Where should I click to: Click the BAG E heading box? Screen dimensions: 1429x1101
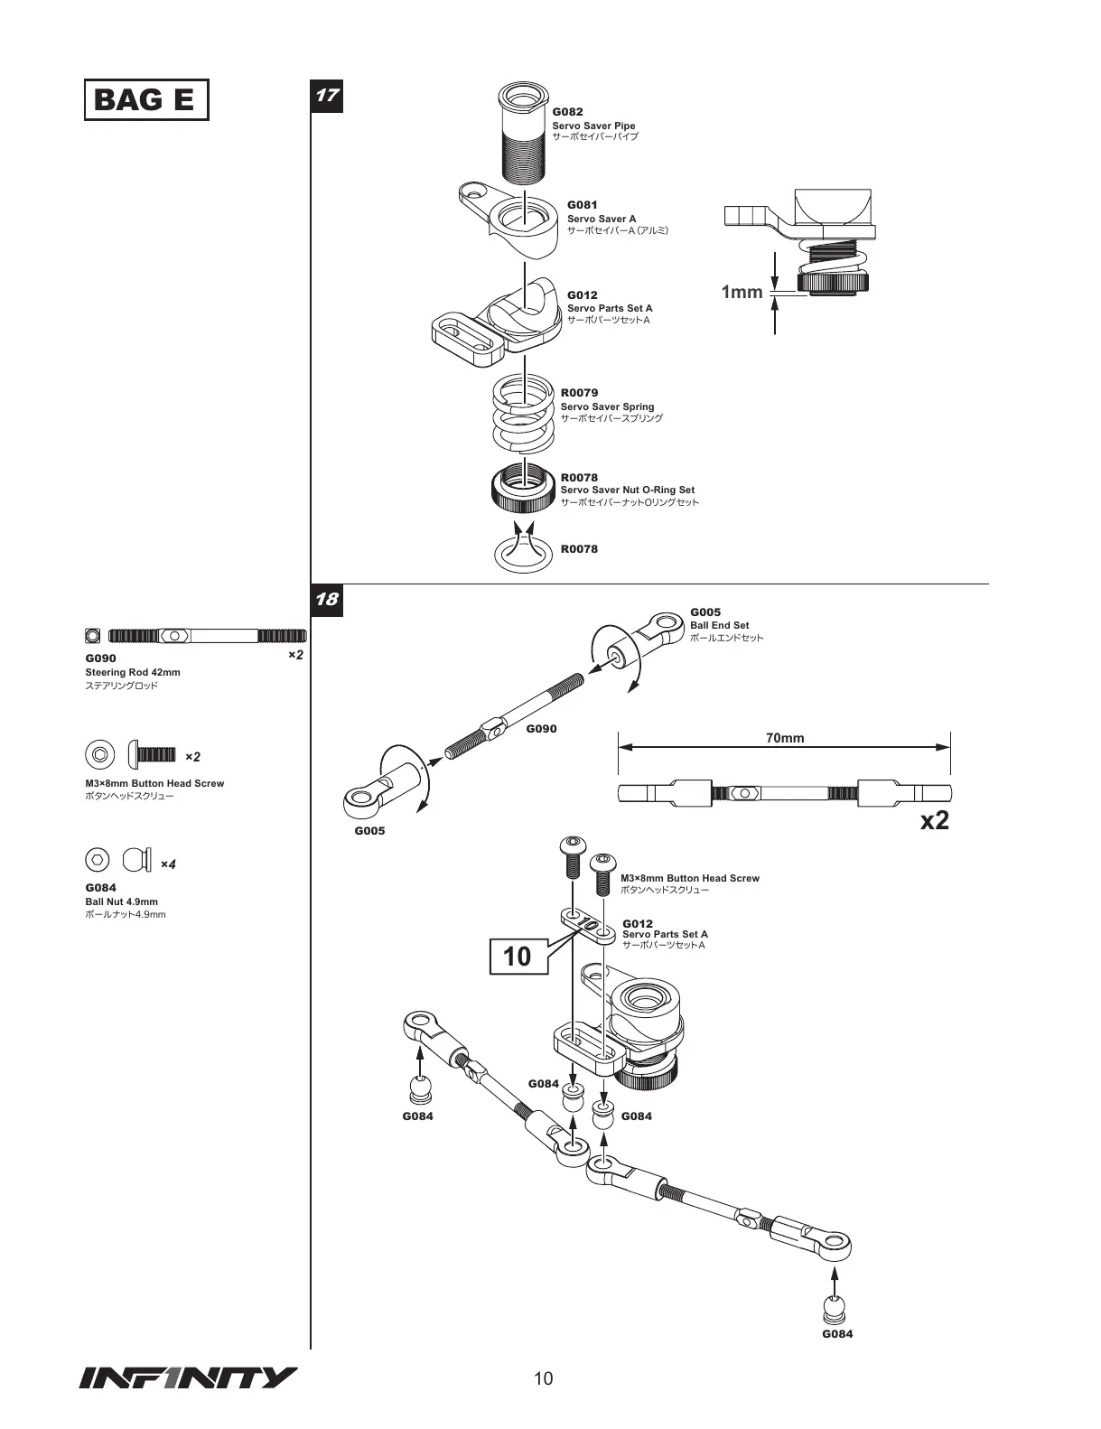click(x=145, y=99)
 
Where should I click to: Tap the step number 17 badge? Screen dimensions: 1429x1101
click(x=327, y=96)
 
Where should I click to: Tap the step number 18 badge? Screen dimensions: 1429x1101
click(x=327, y=599)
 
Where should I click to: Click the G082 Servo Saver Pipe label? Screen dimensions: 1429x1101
click(x=594, y=125)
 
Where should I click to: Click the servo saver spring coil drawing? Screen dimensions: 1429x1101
click(x=523, y=415)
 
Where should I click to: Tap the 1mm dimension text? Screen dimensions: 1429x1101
click(x=742, y=292)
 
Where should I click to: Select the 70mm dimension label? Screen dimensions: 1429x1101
click(x=784, y=738)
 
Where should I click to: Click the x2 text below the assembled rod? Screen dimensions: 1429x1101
click(x=934, y=820)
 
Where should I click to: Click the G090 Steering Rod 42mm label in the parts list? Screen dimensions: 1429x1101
click(x=133, y=671)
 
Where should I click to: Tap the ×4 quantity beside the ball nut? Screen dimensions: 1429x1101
click(x=168, y=864)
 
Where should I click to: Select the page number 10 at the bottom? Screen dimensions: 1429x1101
click(x=544, y=1378)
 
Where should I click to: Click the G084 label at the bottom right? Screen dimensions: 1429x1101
click(x=837, y=1333)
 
